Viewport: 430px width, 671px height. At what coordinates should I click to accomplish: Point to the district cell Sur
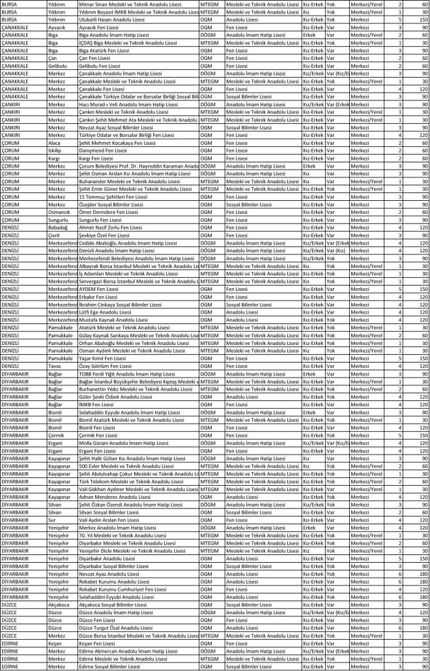tap(52, 520)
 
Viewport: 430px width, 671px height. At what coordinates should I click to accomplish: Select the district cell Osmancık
tap(61, 211)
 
